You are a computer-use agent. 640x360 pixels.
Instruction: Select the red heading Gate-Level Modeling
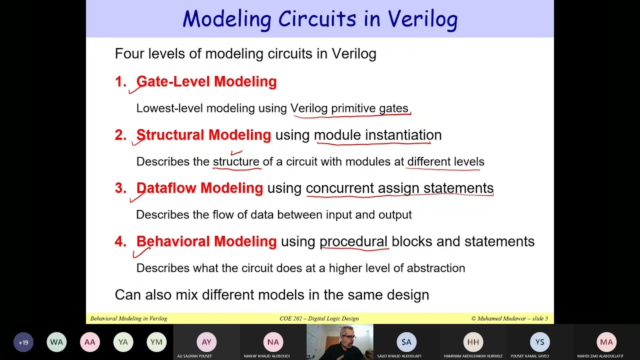pos(206,81)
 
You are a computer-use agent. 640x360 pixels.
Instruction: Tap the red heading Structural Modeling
pos(203,135)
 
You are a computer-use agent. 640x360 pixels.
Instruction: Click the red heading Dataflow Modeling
pos(199,188)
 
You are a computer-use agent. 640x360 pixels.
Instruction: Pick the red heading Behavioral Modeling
pos(206,241)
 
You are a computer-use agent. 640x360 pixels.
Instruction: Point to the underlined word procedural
pos(353,241)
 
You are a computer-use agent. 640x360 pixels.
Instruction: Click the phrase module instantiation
pos(377,135)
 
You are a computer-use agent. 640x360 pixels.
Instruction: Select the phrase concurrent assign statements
pos(399,188)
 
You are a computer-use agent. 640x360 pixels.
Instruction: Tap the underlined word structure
pos(236,162)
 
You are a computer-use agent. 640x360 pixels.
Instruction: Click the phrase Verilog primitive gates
pos(349,108)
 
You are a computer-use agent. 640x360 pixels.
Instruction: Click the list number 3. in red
pos(120,188)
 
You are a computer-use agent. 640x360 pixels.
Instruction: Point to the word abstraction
pos(435,268)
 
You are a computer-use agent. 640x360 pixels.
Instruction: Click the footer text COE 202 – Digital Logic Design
pos(319,318)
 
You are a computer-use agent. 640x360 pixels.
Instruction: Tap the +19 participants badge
pos(23,342)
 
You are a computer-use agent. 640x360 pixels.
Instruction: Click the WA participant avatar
pos(56,342)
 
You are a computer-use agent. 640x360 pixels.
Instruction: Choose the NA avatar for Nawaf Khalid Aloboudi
pos(273,342)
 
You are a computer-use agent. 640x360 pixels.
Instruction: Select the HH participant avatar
pos(473,342)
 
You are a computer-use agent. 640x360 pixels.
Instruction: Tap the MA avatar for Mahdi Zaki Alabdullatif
pos(606,342)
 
